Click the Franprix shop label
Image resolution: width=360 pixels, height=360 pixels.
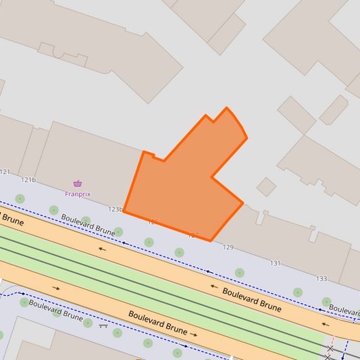(78, 194)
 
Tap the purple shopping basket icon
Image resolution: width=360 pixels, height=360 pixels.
(78, 184)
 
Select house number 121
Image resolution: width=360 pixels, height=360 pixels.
(6, 172)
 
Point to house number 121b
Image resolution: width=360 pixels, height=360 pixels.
(28, 180)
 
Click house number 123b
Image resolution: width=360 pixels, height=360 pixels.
(115, 209)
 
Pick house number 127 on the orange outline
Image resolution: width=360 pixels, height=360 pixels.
(193, 236)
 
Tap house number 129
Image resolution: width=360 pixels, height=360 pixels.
(228, 248)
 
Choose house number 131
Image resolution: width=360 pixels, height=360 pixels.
(276, 263)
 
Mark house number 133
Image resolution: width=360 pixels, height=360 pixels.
(322, 278)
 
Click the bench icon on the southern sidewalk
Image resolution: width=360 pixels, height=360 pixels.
(103, 326)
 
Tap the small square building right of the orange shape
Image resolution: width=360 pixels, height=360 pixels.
(266, 186)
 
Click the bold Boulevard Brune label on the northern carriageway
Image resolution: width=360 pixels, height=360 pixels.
(252, 298)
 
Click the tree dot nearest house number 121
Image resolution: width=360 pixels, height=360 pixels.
(20, 198)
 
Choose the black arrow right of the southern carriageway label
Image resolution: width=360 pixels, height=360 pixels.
(194, 334)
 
